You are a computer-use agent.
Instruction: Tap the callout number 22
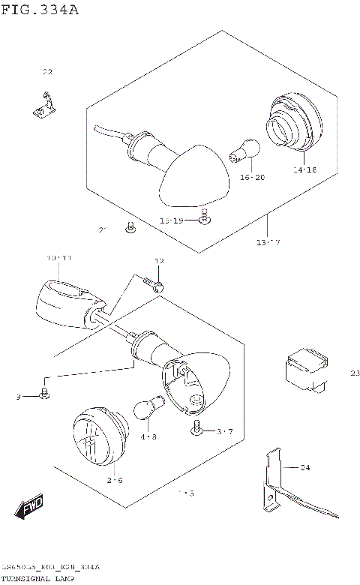[47, 72]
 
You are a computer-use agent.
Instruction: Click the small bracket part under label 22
[44, 105]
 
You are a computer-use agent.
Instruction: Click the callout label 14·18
[304, 170]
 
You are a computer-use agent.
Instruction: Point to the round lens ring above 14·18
[292, 124]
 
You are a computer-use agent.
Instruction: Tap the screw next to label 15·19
[203, 217]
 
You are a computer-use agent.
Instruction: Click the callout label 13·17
[268, 242]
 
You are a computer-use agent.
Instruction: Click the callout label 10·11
[58, 258]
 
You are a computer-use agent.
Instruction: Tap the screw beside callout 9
[45, 393]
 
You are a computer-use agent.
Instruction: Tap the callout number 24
[304, 468]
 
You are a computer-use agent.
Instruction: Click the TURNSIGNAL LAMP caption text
[38, 580]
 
